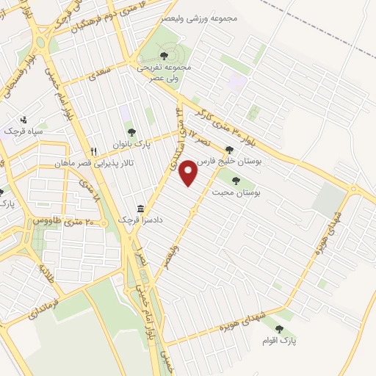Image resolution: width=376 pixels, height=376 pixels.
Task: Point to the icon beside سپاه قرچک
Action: [24, 119]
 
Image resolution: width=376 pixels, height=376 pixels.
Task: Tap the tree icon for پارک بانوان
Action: [131, 133]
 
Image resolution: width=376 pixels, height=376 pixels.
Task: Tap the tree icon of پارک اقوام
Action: [278, 330]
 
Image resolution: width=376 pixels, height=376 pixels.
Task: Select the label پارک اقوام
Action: [278, 341]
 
